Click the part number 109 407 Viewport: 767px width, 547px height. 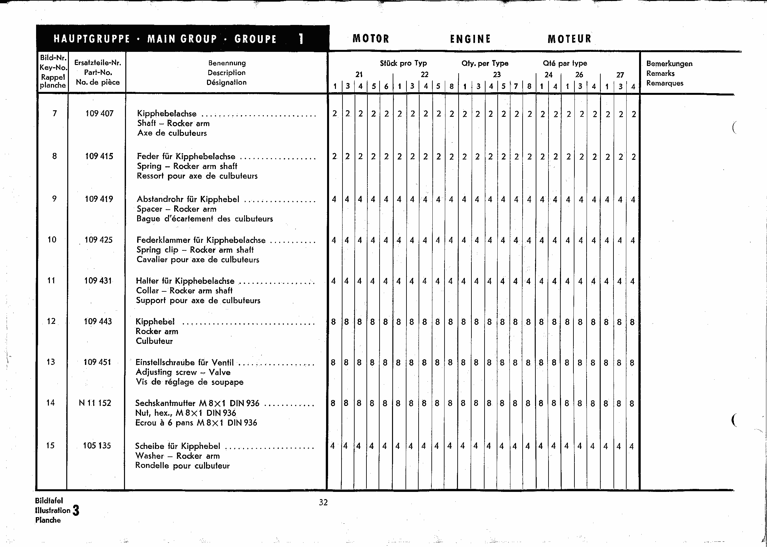click(x=99, y=114)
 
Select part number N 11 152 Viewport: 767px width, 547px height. click(x=95, y=403)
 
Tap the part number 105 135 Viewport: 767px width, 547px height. click(x=97, y=445)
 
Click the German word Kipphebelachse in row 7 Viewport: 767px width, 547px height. click(x=167, y=114)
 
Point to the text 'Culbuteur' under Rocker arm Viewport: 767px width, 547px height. click(x=154, y=341)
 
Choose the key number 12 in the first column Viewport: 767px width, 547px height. click(x=51, y=321)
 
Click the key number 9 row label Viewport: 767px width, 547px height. click(x=54, y=199)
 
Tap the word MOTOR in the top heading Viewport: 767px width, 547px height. click(x=371, y=39)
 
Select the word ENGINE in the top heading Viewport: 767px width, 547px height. click(x=470, y=39)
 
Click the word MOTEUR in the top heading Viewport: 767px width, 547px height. click(x=570, y=39)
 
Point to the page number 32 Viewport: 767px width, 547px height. click(x=323, y=503)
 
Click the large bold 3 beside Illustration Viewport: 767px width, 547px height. click(x=76, y=511)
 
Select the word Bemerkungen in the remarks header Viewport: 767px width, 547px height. click(x=669, y=64)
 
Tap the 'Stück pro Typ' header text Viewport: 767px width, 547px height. click(x=403, y=63)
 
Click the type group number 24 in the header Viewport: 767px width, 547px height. click(x=549, y=75)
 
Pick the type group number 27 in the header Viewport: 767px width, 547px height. click(x=620, y=75)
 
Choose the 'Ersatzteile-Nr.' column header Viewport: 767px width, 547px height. click(x=98, y=63)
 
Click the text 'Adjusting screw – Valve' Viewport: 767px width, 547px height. click(x=183, y=372)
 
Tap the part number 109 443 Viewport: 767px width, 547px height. click(x=98, y=321)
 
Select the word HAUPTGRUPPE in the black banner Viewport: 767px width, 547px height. click(x=92, y=39)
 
